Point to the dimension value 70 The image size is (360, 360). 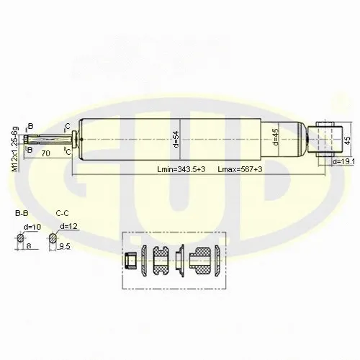point(45,153)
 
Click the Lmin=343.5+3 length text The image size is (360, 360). point(181,168)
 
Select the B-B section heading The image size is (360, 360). point(22,214)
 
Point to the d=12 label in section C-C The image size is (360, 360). point(69,227)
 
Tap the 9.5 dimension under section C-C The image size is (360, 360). point(64,246)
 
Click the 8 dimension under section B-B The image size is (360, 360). point(28,246)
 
